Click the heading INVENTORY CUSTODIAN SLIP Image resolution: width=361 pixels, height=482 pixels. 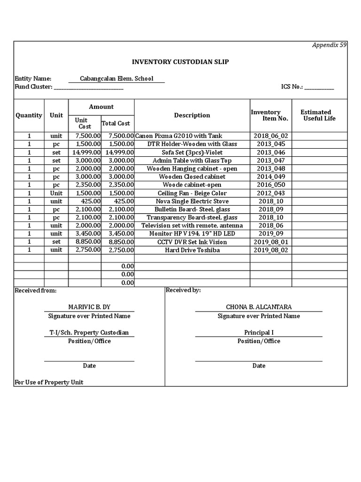coord(180,62)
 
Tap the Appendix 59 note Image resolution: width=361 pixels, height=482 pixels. coord(330,45)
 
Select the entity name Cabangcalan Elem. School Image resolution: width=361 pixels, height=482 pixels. coord(117,79)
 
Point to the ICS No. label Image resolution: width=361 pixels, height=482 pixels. coord(292,87)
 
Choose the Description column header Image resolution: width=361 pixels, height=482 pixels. coord(192,115)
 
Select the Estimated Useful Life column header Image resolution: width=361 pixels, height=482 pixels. coord(319,115)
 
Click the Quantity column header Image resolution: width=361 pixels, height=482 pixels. coord(29,115)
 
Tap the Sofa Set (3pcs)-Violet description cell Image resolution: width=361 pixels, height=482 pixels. coord(192,153)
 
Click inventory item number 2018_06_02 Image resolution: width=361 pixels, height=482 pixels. coord(271,136)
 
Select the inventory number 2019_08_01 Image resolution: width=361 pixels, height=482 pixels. coord(271,242)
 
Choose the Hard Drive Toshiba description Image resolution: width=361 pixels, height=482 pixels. coord(192,250)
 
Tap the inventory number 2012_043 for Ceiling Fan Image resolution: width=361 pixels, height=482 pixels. coord(271,193)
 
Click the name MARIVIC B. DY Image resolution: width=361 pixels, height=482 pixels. coord(89,307)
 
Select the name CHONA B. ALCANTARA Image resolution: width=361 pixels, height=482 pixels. coord(259,307)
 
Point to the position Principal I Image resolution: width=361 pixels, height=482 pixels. coord(259,333)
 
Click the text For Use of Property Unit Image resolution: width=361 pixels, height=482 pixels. coord(49,382)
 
